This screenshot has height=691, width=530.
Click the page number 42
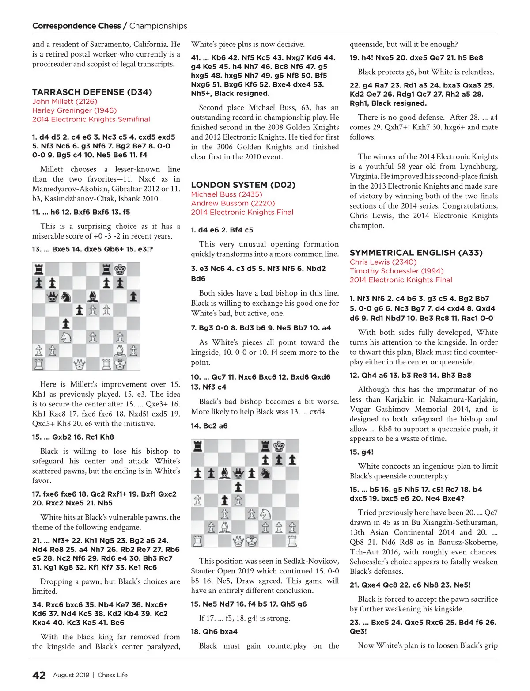[39, 675]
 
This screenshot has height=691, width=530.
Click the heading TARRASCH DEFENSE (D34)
[92, 92]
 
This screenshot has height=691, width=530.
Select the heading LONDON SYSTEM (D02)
[243, 185]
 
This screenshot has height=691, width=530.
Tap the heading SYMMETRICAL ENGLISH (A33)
[416, 253]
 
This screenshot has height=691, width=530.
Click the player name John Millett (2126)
[64, 101]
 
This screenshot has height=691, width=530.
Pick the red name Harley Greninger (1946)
[74, 110]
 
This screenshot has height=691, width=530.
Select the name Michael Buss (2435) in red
[227, 194]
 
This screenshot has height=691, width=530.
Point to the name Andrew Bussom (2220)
[233, 203]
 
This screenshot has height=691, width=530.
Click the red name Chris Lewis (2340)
[383, 262]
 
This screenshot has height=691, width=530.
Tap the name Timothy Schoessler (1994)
[397, 271]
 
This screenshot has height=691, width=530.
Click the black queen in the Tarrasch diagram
[53, 296]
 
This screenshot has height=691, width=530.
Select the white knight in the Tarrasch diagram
[66, 337]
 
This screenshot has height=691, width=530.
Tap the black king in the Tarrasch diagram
[120, 269]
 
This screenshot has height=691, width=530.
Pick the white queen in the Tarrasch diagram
[79, 364]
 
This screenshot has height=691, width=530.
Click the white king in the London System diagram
[252, 540]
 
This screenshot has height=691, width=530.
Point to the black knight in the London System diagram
[265, 474]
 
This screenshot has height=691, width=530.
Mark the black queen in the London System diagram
[238, 474]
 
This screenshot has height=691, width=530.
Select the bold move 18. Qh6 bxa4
[214, 631]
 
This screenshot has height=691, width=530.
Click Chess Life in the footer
[113, 675]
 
